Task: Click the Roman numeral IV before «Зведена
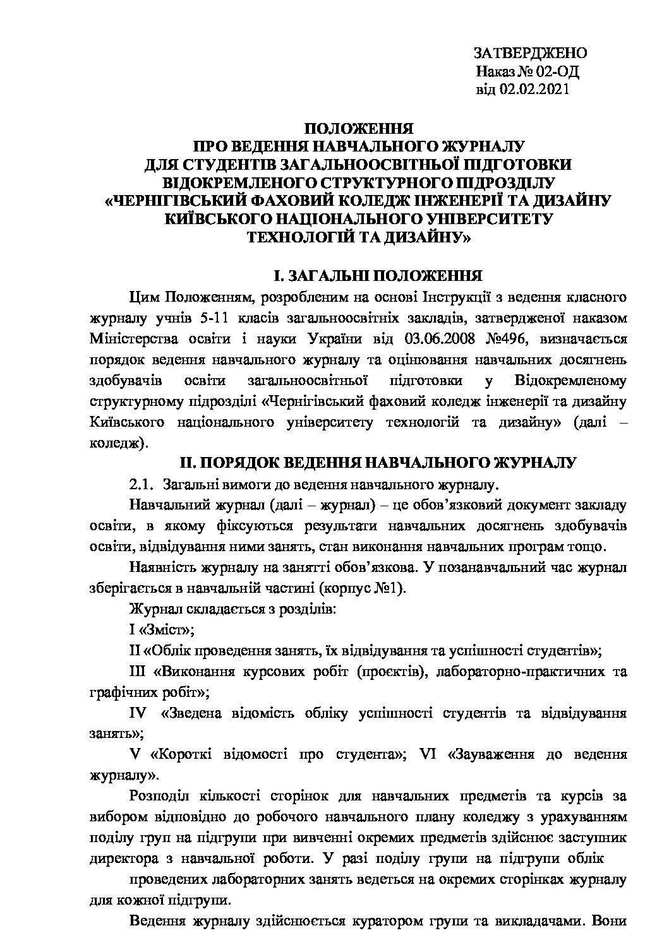(x=138, y=713)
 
